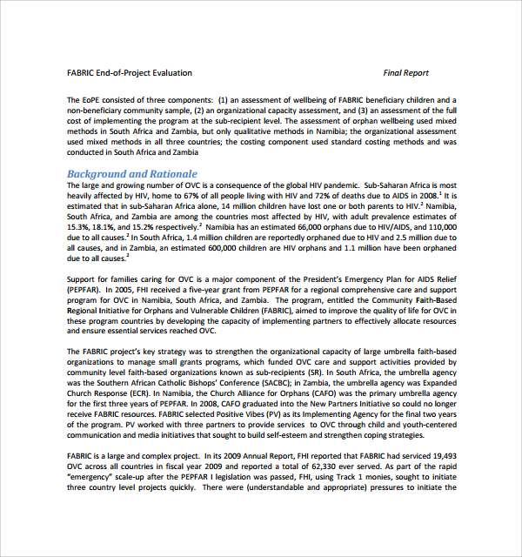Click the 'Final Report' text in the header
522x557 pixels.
[405, 73]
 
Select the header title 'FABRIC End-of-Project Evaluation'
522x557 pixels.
[130, 73]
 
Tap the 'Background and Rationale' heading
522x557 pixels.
[132, 174]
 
